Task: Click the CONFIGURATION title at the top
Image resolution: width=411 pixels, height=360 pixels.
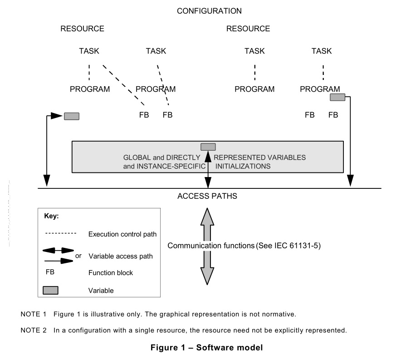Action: pos(209,11)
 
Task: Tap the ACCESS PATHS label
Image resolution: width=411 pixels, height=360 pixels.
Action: pos(207,197)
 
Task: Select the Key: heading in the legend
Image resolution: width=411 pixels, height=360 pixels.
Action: pos(51,217)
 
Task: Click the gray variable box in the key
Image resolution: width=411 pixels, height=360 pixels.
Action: pos(50,291)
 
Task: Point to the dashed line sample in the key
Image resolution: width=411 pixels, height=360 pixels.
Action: pos(61,233)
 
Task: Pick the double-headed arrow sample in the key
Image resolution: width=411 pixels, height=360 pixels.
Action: pos(59,251)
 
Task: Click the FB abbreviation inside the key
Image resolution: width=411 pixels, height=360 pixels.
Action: pos(50,273)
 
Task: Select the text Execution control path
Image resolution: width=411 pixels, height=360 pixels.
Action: pos(122,235)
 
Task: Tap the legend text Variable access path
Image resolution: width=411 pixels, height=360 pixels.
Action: pos(120,256)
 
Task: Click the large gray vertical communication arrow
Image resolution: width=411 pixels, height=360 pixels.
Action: pos(207,246)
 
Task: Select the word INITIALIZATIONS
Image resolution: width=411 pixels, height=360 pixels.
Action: pos(243,167)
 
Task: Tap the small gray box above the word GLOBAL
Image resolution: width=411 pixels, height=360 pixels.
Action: pos(208,147)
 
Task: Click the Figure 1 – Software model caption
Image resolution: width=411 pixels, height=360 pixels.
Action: pos(207,348)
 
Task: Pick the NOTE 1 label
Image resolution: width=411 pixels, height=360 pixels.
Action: pos(34,314)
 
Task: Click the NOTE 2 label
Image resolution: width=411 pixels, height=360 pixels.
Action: pos(34,330)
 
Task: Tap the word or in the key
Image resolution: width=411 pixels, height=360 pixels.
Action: pos(78,256)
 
